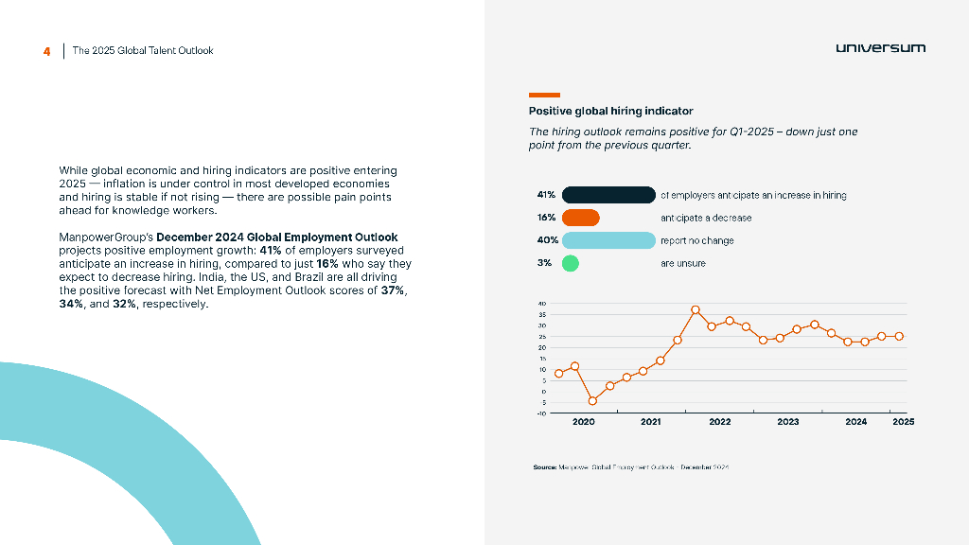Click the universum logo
pos(880,48)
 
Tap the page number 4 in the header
pos(46,51)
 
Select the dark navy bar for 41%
pos(608,195)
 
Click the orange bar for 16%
pos(581,218)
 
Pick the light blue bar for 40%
pos(608,240)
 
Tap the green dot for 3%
pos(570,263)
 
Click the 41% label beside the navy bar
pos(546,195)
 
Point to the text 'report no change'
pos(696,240)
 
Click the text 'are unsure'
pos(682,263)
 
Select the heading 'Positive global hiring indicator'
pos(610,111)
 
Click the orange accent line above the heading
pos(544,95)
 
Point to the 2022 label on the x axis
pos(720,422)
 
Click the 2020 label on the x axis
pos(584,422)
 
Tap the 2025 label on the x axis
pos(903,422)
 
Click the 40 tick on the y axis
pos(542,305)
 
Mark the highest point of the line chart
pos(696,309)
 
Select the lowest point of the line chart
pos(592,401)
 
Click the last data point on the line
pos(899,336)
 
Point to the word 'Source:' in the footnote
pos(544,467)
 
